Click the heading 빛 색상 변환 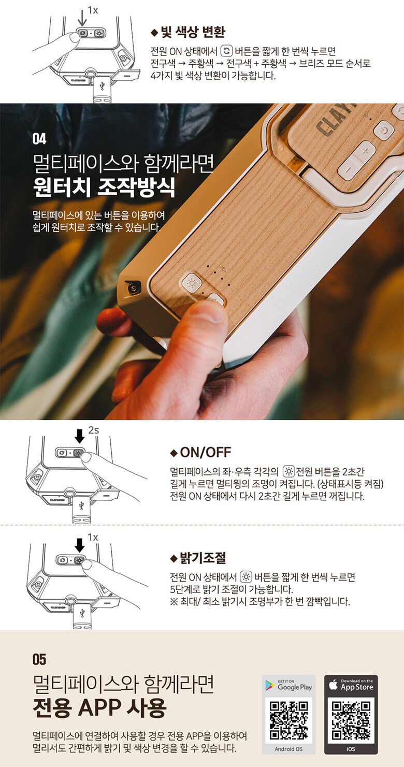tap(193, 32)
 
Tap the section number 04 tap(39, 139)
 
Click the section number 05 tap(39, 659)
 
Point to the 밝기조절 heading tap(203, 558)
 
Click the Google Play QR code tap(288, 720)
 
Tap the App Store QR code tap(351, 720)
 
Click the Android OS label tap(288, 749)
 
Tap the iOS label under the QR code tap(351, 749)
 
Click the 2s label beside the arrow tap(93, 430)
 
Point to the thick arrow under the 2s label tap(80, 437)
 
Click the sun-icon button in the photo tap(192, 283)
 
